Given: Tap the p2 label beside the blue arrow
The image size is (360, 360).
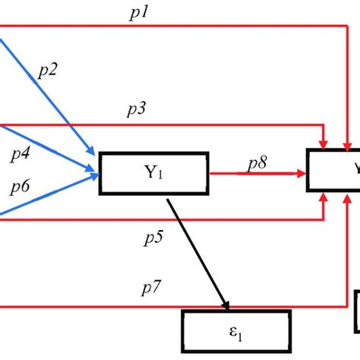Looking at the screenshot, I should pos(48,71).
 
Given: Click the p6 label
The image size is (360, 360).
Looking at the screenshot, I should pos(21,187).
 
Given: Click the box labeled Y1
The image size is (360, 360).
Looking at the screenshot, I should pos(154,173).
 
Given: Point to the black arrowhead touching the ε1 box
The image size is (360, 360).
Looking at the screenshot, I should pos(225,305).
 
